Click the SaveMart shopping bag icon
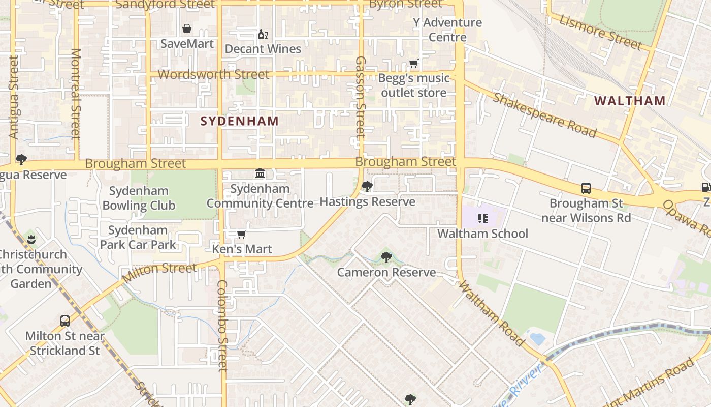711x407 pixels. [x=187, y=28]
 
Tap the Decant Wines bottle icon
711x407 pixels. [x=263, y=35]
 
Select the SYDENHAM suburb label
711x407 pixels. [x=239, y=121]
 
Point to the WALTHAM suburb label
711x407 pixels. [x=630, y=101]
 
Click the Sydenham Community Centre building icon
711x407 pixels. [x=260, y=174]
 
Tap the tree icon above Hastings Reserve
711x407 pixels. [x=367, y=187]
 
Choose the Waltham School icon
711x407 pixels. [x=482, y=219]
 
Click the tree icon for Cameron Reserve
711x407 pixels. [x=386, y=257]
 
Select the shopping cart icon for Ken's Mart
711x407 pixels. [x=242, y=235]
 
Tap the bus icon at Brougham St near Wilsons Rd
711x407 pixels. [x=586, y=188]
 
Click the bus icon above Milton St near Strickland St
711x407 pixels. [x=65, y=321]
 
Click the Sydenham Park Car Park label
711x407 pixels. [x=138, y=237]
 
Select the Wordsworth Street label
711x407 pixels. [x=213, y=74]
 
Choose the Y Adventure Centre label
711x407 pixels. [x=447, y=30]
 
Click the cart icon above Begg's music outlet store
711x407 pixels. [x=413, y=64]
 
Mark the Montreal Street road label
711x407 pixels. [x=76, y=94]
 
